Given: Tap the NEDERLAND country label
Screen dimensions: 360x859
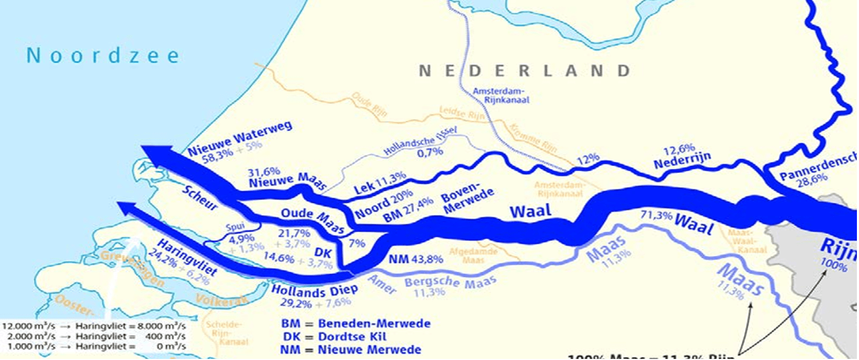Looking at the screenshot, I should coord(524,71).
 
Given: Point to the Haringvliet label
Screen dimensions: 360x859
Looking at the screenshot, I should coord(187,258).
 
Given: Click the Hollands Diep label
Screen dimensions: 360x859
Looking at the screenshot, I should coord(315,290).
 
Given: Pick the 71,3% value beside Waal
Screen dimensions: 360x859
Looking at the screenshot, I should coord(656,215).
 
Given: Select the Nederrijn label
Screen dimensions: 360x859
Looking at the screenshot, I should coord(682,161).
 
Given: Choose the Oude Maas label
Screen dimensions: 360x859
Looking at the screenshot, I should coord(313,220).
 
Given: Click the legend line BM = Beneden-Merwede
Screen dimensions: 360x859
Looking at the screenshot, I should coord(356,324).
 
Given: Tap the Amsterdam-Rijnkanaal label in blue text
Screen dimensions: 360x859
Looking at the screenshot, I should coord(500,95).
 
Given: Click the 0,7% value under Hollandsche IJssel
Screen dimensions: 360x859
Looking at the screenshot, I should coord(429,152).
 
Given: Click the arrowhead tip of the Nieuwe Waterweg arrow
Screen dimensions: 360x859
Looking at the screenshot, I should coord(144,148).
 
